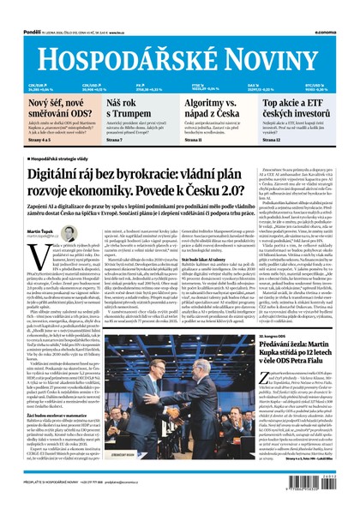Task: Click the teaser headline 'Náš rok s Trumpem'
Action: [x=120, y=108]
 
